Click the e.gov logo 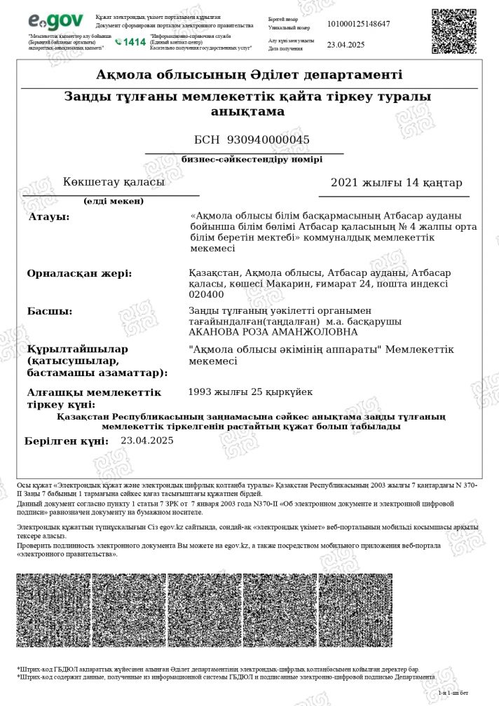click(55, 22)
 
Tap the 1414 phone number click(131, 42)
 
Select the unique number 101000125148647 click(358, 24)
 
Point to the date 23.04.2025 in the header click(346, 44)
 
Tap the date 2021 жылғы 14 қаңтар click(396, 183)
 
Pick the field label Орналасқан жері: click(79, 273)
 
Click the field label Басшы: click(49, 311)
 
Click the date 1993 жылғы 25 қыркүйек click(250, 392)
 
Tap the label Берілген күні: click(67, 441)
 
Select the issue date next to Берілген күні click(146, 441)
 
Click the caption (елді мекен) click(114, 202)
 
